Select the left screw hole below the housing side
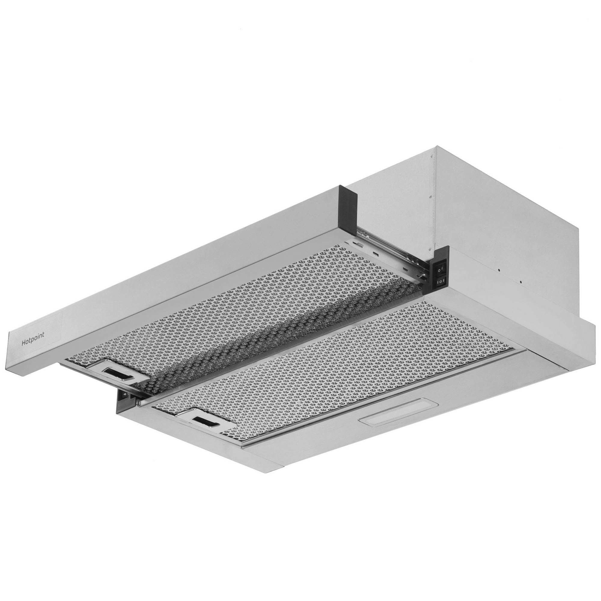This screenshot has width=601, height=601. pyautogui.click(x=499, y=271)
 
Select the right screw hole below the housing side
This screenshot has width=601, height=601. pyautogui.click(x=520, y=282)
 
